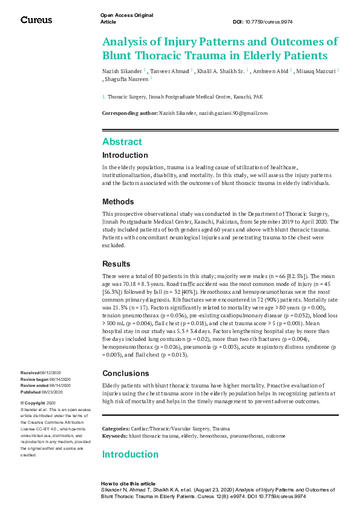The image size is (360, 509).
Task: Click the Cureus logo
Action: pyautogui.click(x=36, y=20)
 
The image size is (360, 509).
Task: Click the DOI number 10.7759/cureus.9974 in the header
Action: pyautogui.click(x=269, y=22)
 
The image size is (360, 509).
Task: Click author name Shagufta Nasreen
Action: pyautogui.click(x=126, y=79)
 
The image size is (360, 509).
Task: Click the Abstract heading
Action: pyautogui.click(x=122, y=142)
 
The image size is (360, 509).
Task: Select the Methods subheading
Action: pyautogui.click(x=118, y=202)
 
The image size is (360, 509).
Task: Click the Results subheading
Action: pyautogui.click(x=116, y=264)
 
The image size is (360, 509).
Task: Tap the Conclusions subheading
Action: pyautogui.click(x=125, y=374)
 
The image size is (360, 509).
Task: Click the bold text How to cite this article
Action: pyautogui.click(x=128, y=484)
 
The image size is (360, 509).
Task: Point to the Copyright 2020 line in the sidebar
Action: pyautogui.click(x=38, y=403)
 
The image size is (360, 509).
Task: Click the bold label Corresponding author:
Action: pyautogui.click(x=129, y=113)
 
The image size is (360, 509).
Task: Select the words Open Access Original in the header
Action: pyautogui.click(x=126, y=15)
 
